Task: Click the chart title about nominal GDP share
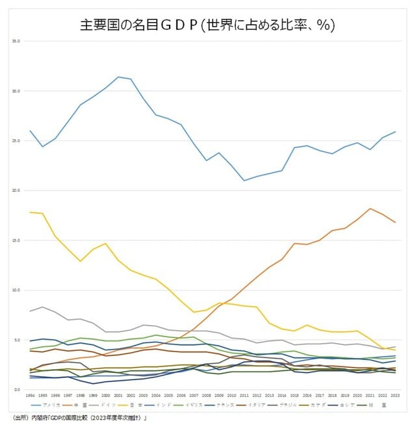tap(207, 25)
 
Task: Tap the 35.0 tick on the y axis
tap(16, 41)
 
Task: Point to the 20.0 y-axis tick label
tap(16, 190)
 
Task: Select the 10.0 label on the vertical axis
tap(16, 290)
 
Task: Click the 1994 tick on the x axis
tap(31, 394)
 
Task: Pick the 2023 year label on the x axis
tap(395, 394)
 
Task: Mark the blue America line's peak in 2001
tap(118, 77)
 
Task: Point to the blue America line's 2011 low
tap(244, 181)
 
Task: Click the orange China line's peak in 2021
tap(370, 209)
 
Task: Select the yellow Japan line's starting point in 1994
tap(31, 212)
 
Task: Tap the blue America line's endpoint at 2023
tap(395, 132)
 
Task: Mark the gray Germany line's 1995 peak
tap(43, 307)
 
